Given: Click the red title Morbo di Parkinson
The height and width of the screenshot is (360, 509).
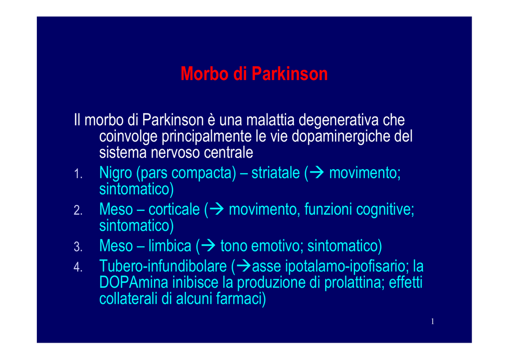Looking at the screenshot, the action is (x=254, y=74).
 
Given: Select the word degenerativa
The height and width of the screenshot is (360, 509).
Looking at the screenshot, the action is (x=339, y=120).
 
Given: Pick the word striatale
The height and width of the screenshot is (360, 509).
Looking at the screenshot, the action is (x=275, y=173).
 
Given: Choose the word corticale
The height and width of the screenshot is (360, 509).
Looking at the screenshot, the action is (x=174, y=209).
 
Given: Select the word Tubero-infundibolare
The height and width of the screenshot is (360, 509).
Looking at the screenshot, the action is (x=163, y=266).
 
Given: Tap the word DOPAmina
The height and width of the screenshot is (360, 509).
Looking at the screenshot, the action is (x=134, y=282).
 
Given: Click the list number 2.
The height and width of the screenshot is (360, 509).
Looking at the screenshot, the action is (x=78, y=210).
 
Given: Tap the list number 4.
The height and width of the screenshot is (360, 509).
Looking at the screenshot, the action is (x=78, y=267).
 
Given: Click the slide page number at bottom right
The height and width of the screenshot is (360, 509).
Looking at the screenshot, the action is (x=432, y=321).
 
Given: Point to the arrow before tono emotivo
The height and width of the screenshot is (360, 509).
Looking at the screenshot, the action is (x=208, y=246).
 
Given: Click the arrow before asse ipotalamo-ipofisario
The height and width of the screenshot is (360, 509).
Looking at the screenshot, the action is (x=244, y=266).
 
